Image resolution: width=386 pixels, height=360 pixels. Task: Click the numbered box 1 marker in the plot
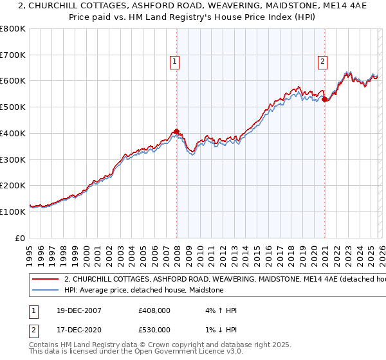[175, 62]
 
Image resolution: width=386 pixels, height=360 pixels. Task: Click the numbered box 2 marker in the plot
[322, 62]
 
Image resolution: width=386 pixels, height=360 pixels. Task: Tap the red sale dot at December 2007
[176, 131]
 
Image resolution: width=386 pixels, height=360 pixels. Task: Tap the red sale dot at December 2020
[325, 99]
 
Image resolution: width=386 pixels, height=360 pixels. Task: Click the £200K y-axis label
[14, 185]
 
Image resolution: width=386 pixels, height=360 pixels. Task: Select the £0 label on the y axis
[21, 238]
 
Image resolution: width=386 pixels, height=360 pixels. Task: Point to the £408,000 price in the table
[154, 310]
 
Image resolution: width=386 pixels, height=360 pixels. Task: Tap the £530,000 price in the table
[154, 330]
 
